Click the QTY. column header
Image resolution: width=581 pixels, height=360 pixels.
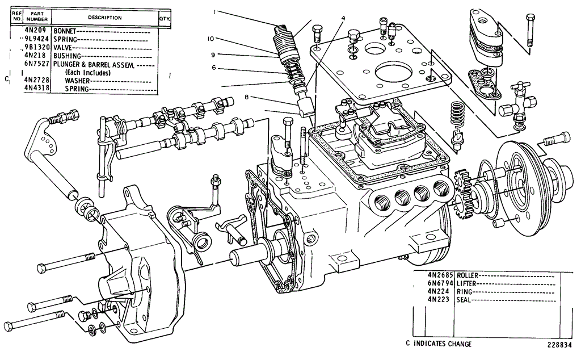click(x=165, y=18)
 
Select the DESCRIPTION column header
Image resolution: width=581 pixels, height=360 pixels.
click(x=104, y=18)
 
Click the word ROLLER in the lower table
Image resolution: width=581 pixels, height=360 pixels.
click(x=468, y=274)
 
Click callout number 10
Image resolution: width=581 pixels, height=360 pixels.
click(x=210, y=39)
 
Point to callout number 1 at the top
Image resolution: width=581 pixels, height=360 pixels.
click(x=215, y=12)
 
